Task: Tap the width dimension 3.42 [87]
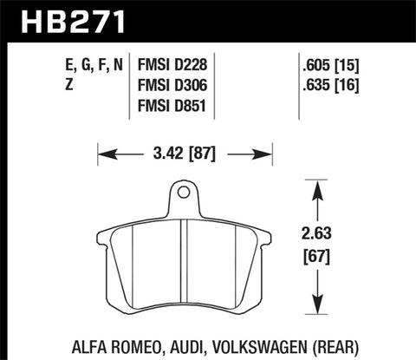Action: point(179,156)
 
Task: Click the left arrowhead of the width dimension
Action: point(98,156)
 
